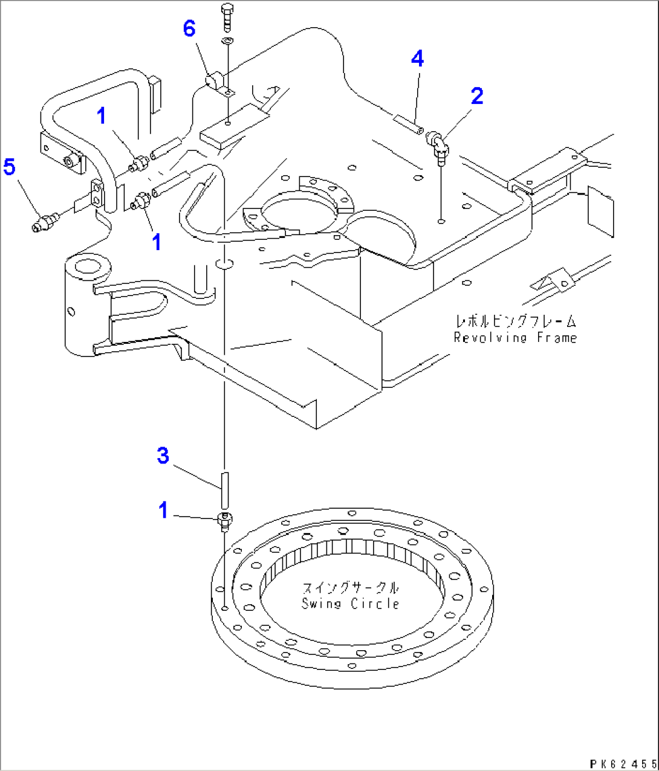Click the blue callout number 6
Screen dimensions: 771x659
point(189,28)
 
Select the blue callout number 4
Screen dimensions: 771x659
point(417,59)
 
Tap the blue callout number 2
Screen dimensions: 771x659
point(477,95)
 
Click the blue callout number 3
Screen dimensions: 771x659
point(163,456)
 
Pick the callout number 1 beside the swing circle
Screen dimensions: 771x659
point(163,510)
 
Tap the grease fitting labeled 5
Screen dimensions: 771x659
point(44,222)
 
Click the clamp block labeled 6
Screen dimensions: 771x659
point(216,80)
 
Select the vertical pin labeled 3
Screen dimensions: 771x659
point(224,489)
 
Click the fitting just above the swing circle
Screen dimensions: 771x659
point(224,521)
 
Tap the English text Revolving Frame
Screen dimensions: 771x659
point(515,338)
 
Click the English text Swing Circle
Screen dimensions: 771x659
point(350,604)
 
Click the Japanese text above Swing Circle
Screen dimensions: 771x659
point(350,588)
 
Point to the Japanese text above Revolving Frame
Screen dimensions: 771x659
point(515,321)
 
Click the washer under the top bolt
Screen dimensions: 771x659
point(227,41)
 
